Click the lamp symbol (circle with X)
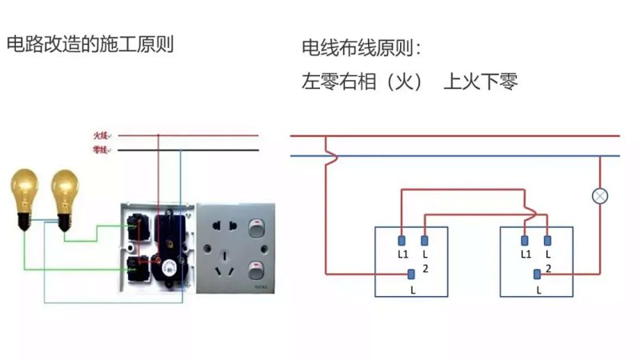(x=599, y=195)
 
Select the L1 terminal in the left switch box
(x=402, y=239)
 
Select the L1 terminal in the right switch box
(x=525, y=239)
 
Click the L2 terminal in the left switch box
(x=424, y=239)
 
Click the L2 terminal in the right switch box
(x=547, y=239)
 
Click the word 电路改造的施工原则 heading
(x=90, y=45)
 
